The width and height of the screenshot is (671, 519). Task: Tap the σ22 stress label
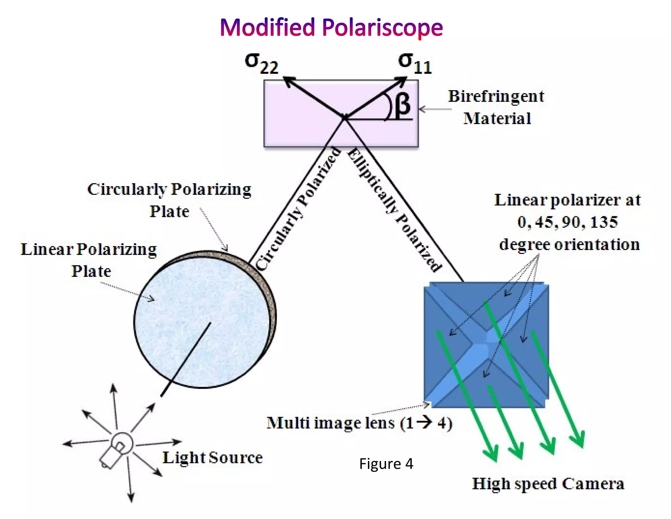click(x=261, y=64)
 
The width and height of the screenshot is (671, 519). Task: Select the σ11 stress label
click(x=415, y=64)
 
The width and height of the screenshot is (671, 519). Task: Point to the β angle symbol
click(x=402, y=104)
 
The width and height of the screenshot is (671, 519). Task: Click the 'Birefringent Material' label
click(x=496, y=107)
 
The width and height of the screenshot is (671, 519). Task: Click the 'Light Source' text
click(x=213, y=457)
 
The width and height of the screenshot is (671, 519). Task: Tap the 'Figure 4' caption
click(x=386, y=464)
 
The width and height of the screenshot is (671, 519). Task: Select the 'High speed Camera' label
click(x=548, y=484)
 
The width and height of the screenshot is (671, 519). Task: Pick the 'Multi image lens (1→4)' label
click(x=359, y=423)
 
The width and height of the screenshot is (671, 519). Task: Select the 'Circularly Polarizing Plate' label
click(x=169, y=200)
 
